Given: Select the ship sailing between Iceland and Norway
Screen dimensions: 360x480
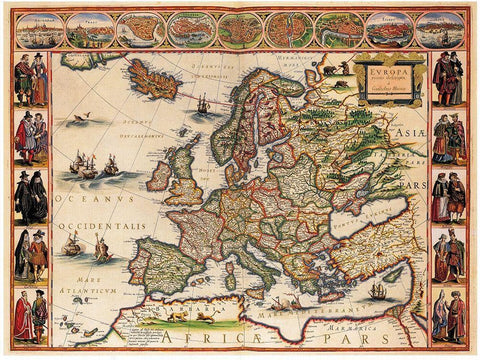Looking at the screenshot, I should [x=204, y=102].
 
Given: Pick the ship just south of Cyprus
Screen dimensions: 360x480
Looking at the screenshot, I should [x=378, y=290].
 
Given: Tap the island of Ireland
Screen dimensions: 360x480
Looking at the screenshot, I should [x=160, y=176].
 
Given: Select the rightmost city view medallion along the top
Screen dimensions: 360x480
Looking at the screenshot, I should [x=440, y=30].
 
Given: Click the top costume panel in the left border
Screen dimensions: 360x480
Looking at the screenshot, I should [x=30, y=81].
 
